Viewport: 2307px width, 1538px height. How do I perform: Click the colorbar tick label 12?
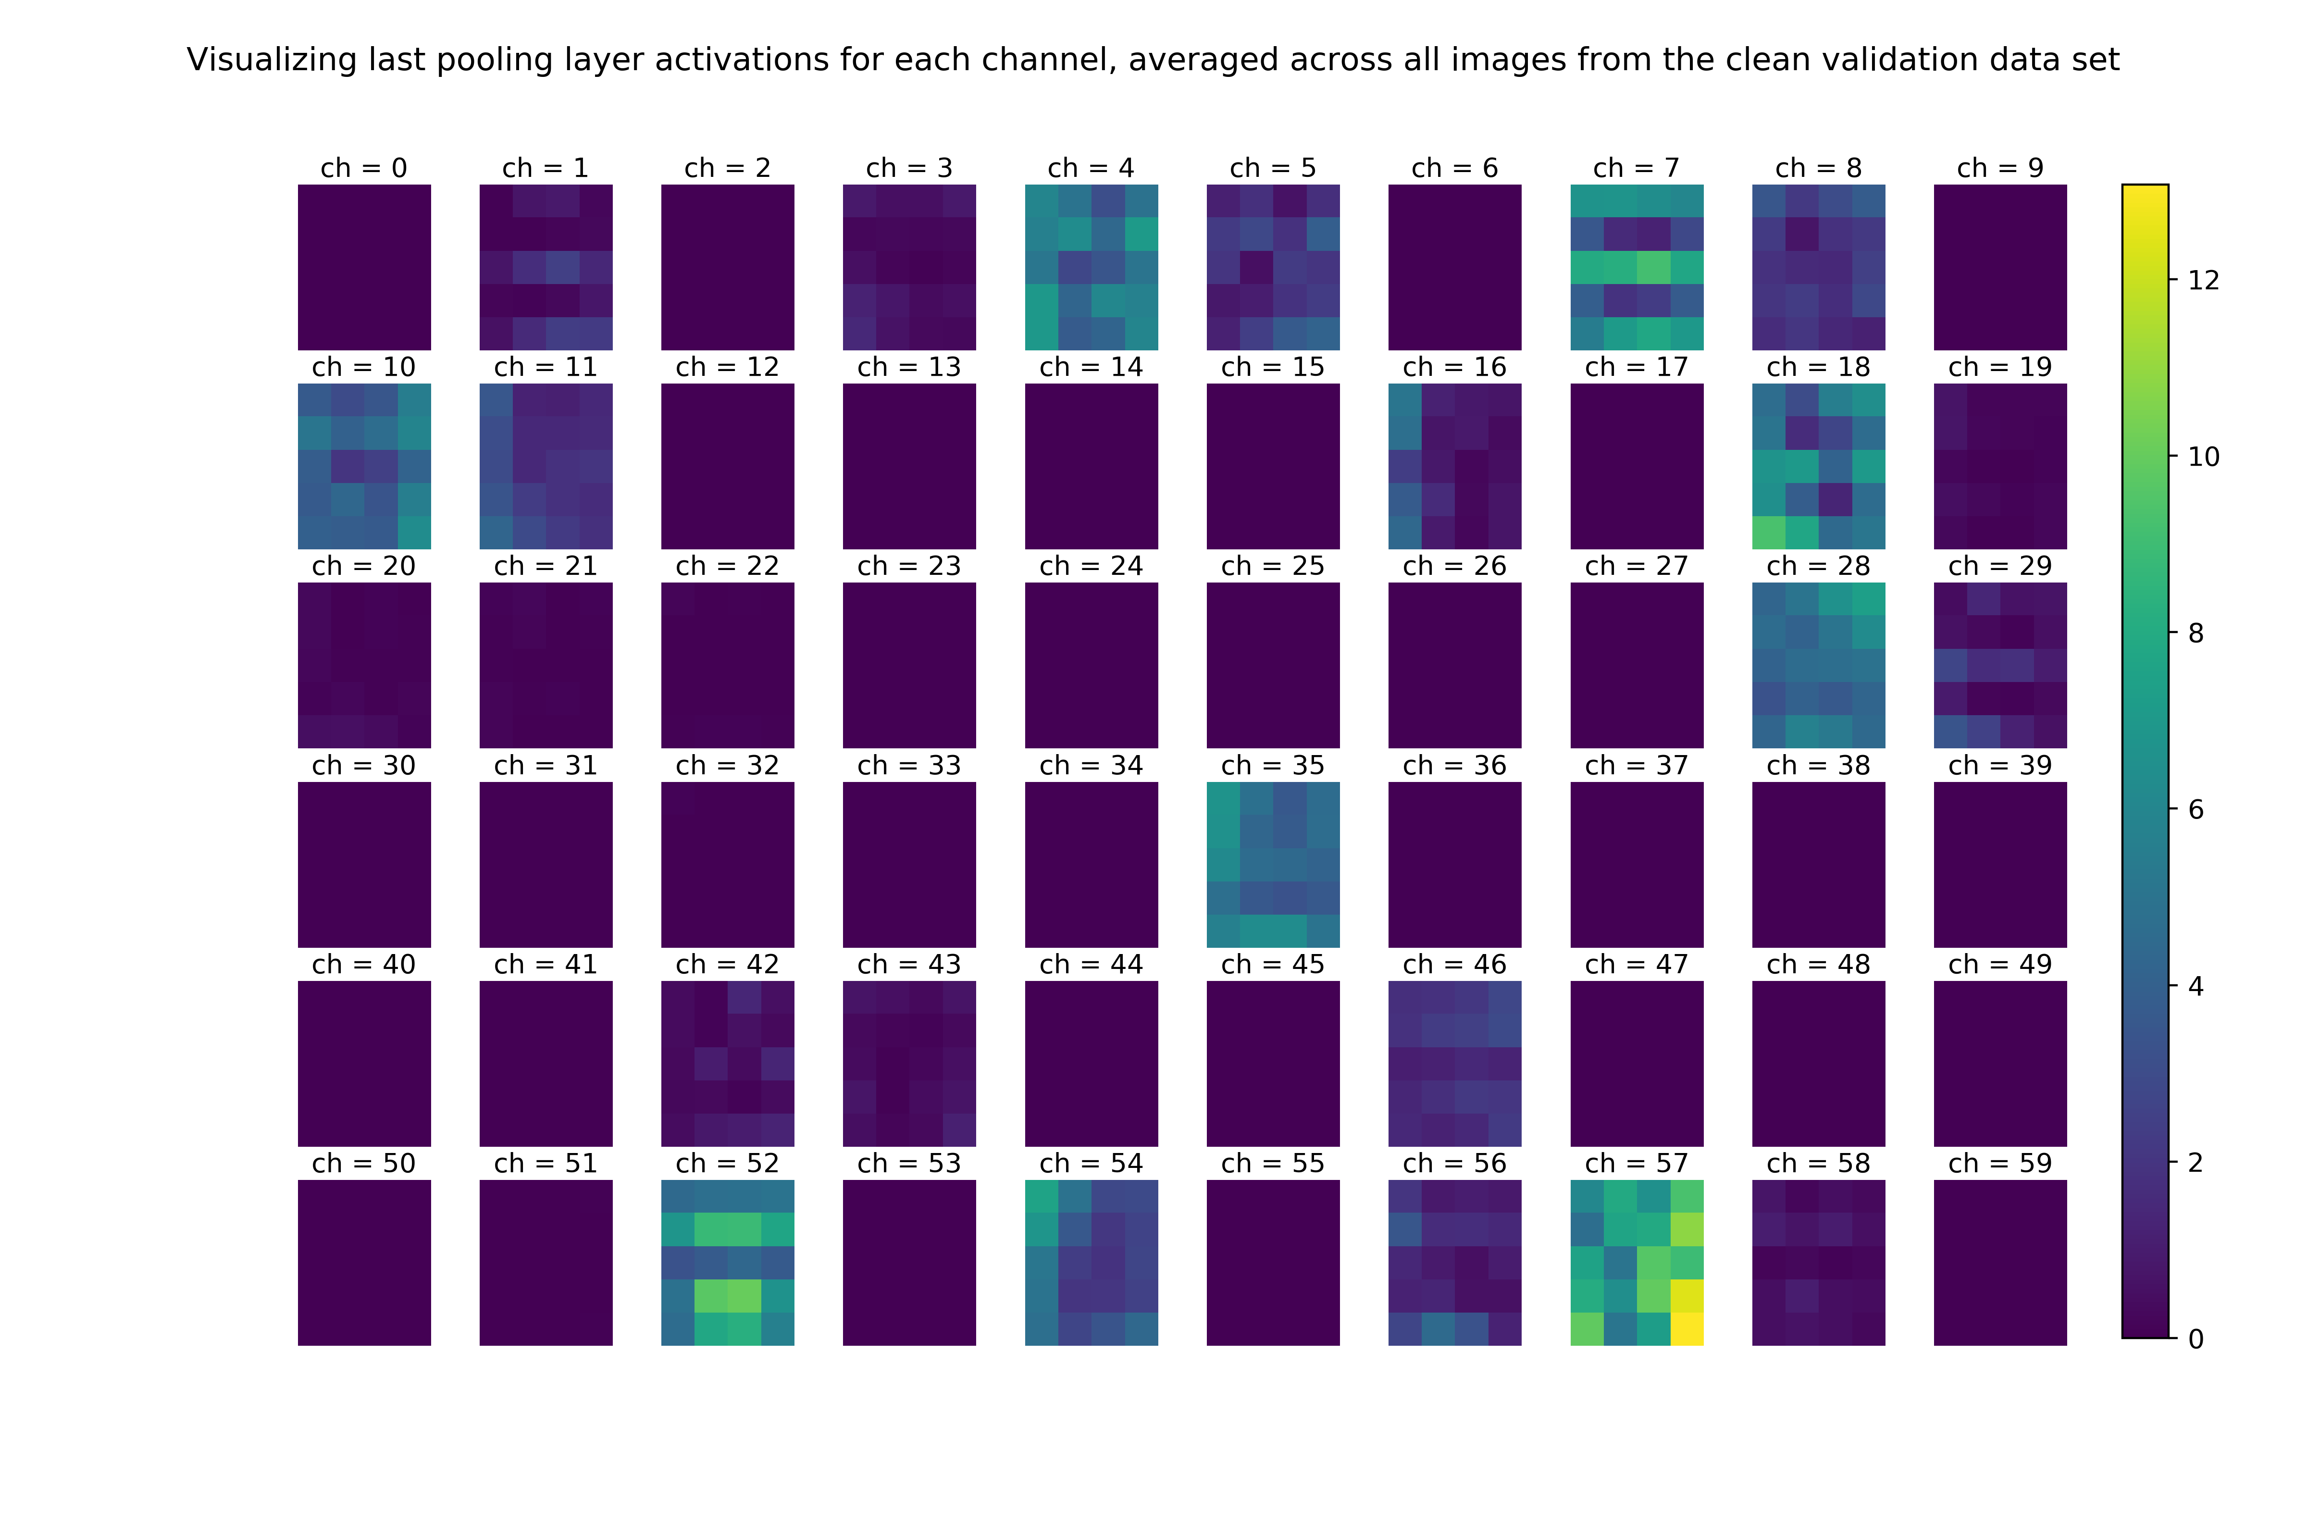coord(2203,281)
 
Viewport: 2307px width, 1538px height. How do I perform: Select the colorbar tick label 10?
coord(2203,457)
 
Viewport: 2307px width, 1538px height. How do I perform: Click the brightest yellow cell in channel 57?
coord(1687,1328)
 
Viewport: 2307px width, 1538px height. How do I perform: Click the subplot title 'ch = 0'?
coord(364,169)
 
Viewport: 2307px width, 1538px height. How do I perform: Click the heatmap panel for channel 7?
coord(1636,267)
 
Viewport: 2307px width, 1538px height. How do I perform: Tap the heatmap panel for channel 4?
coord(1091,267)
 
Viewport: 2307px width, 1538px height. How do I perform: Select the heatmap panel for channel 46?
coord(1455,1063)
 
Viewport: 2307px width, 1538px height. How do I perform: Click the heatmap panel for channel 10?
coord(364,466)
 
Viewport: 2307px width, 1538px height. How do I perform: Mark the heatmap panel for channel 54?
coord(1091,1263)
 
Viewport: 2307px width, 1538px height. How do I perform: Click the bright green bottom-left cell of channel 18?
coord(1769,533)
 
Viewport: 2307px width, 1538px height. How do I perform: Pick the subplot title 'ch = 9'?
coord(2000,169)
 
